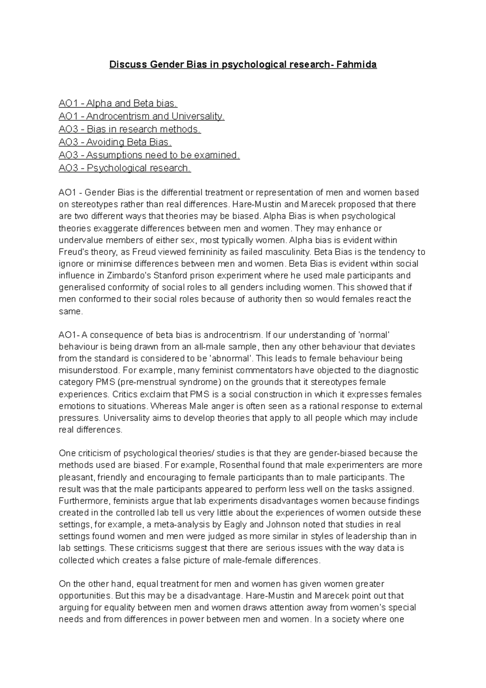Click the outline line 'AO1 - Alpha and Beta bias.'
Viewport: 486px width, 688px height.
click(x=118, y=103)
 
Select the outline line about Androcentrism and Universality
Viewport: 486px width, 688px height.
click(x=141, y=116)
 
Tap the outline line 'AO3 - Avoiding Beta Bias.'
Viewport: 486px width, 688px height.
click(x=115, y=142)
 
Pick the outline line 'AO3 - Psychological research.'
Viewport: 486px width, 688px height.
click(x=125, y=168)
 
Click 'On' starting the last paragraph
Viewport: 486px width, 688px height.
click(x=64, y=584)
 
